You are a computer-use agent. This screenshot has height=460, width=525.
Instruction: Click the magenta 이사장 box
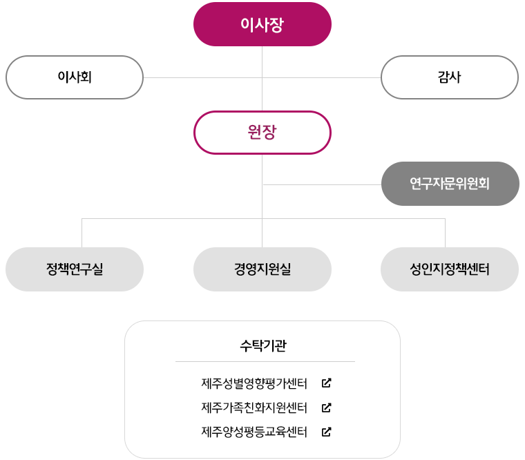point(262,24)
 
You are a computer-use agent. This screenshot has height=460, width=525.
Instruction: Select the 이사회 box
point(75,77)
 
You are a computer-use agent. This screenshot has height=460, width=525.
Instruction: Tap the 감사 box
point(449,77)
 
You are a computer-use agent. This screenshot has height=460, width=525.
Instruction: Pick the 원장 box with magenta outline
point(262,133)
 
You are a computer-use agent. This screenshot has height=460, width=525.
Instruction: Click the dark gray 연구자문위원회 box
point(450,184)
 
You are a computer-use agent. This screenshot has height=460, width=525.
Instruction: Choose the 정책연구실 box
point(75,269)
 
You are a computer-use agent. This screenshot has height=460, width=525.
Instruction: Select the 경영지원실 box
point(262,269)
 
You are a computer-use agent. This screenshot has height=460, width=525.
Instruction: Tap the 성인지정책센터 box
point(449,269)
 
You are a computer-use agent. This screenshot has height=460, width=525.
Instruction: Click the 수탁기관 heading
point(263,345)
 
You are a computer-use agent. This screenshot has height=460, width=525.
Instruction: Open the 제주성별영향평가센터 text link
point(254,383)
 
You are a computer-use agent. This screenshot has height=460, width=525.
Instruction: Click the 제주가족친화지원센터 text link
point(254,408)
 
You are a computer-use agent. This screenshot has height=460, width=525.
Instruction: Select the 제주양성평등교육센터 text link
point(254,432)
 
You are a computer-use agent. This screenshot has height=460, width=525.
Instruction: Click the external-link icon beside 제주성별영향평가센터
point(327,383)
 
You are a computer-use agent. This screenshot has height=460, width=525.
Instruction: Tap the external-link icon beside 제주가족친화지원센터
point(327,408)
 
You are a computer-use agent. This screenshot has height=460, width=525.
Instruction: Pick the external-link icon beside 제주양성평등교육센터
point(327,432)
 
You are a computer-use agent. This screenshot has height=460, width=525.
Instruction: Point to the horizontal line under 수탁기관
point(265,361)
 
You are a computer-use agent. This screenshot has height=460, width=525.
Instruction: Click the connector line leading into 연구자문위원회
point(322,184)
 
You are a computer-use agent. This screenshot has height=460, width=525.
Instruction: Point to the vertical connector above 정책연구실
point(82,233)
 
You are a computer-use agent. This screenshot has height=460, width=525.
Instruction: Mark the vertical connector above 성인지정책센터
point(445,233)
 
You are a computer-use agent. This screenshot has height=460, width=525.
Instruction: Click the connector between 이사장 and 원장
point(262,79)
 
